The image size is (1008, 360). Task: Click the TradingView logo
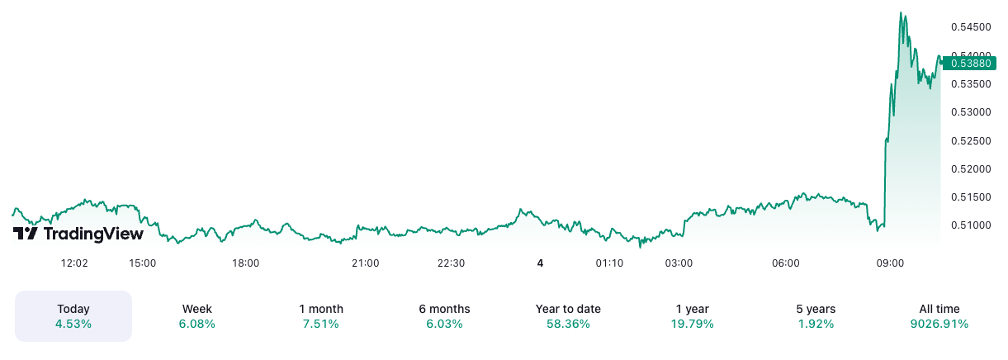pyautogui.click(x=78, y=234)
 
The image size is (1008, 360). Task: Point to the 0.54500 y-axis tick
pyautogui.click(x=970, y=27)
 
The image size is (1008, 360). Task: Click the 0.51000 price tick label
pyautogui.click(x=970, y=225)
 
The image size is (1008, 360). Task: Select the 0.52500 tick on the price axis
pyautogui.click(x=970, y=140)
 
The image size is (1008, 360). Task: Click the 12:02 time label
pyautogui.click(x=74, y=263)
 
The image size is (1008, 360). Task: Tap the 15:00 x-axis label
pyautogui.click(x=143, y=263)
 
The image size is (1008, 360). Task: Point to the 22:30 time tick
pyautogui.click(x=451, y=263)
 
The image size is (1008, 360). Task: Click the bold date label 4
pyautogui.click(x=540, y=263)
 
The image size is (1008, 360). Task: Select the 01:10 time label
pyautogui.click(x=609, y=263)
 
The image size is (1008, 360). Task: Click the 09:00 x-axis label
pyautogui.click(x=890, y=263)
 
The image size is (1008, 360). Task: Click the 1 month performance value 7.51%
pyautogui.click(x=321, y=324)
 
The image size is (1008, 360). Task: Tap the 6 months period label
pyautogui.click(x=444, y=309)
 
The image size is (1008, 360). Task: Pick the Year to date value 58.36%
pyautogui.click(x=568, y=324)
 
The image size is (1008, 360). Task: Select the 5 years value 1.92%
pyautogui.click(x=816, y=324)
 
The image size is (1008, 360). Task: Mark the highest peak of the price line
pyautogui.click(x=901, y=13)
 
